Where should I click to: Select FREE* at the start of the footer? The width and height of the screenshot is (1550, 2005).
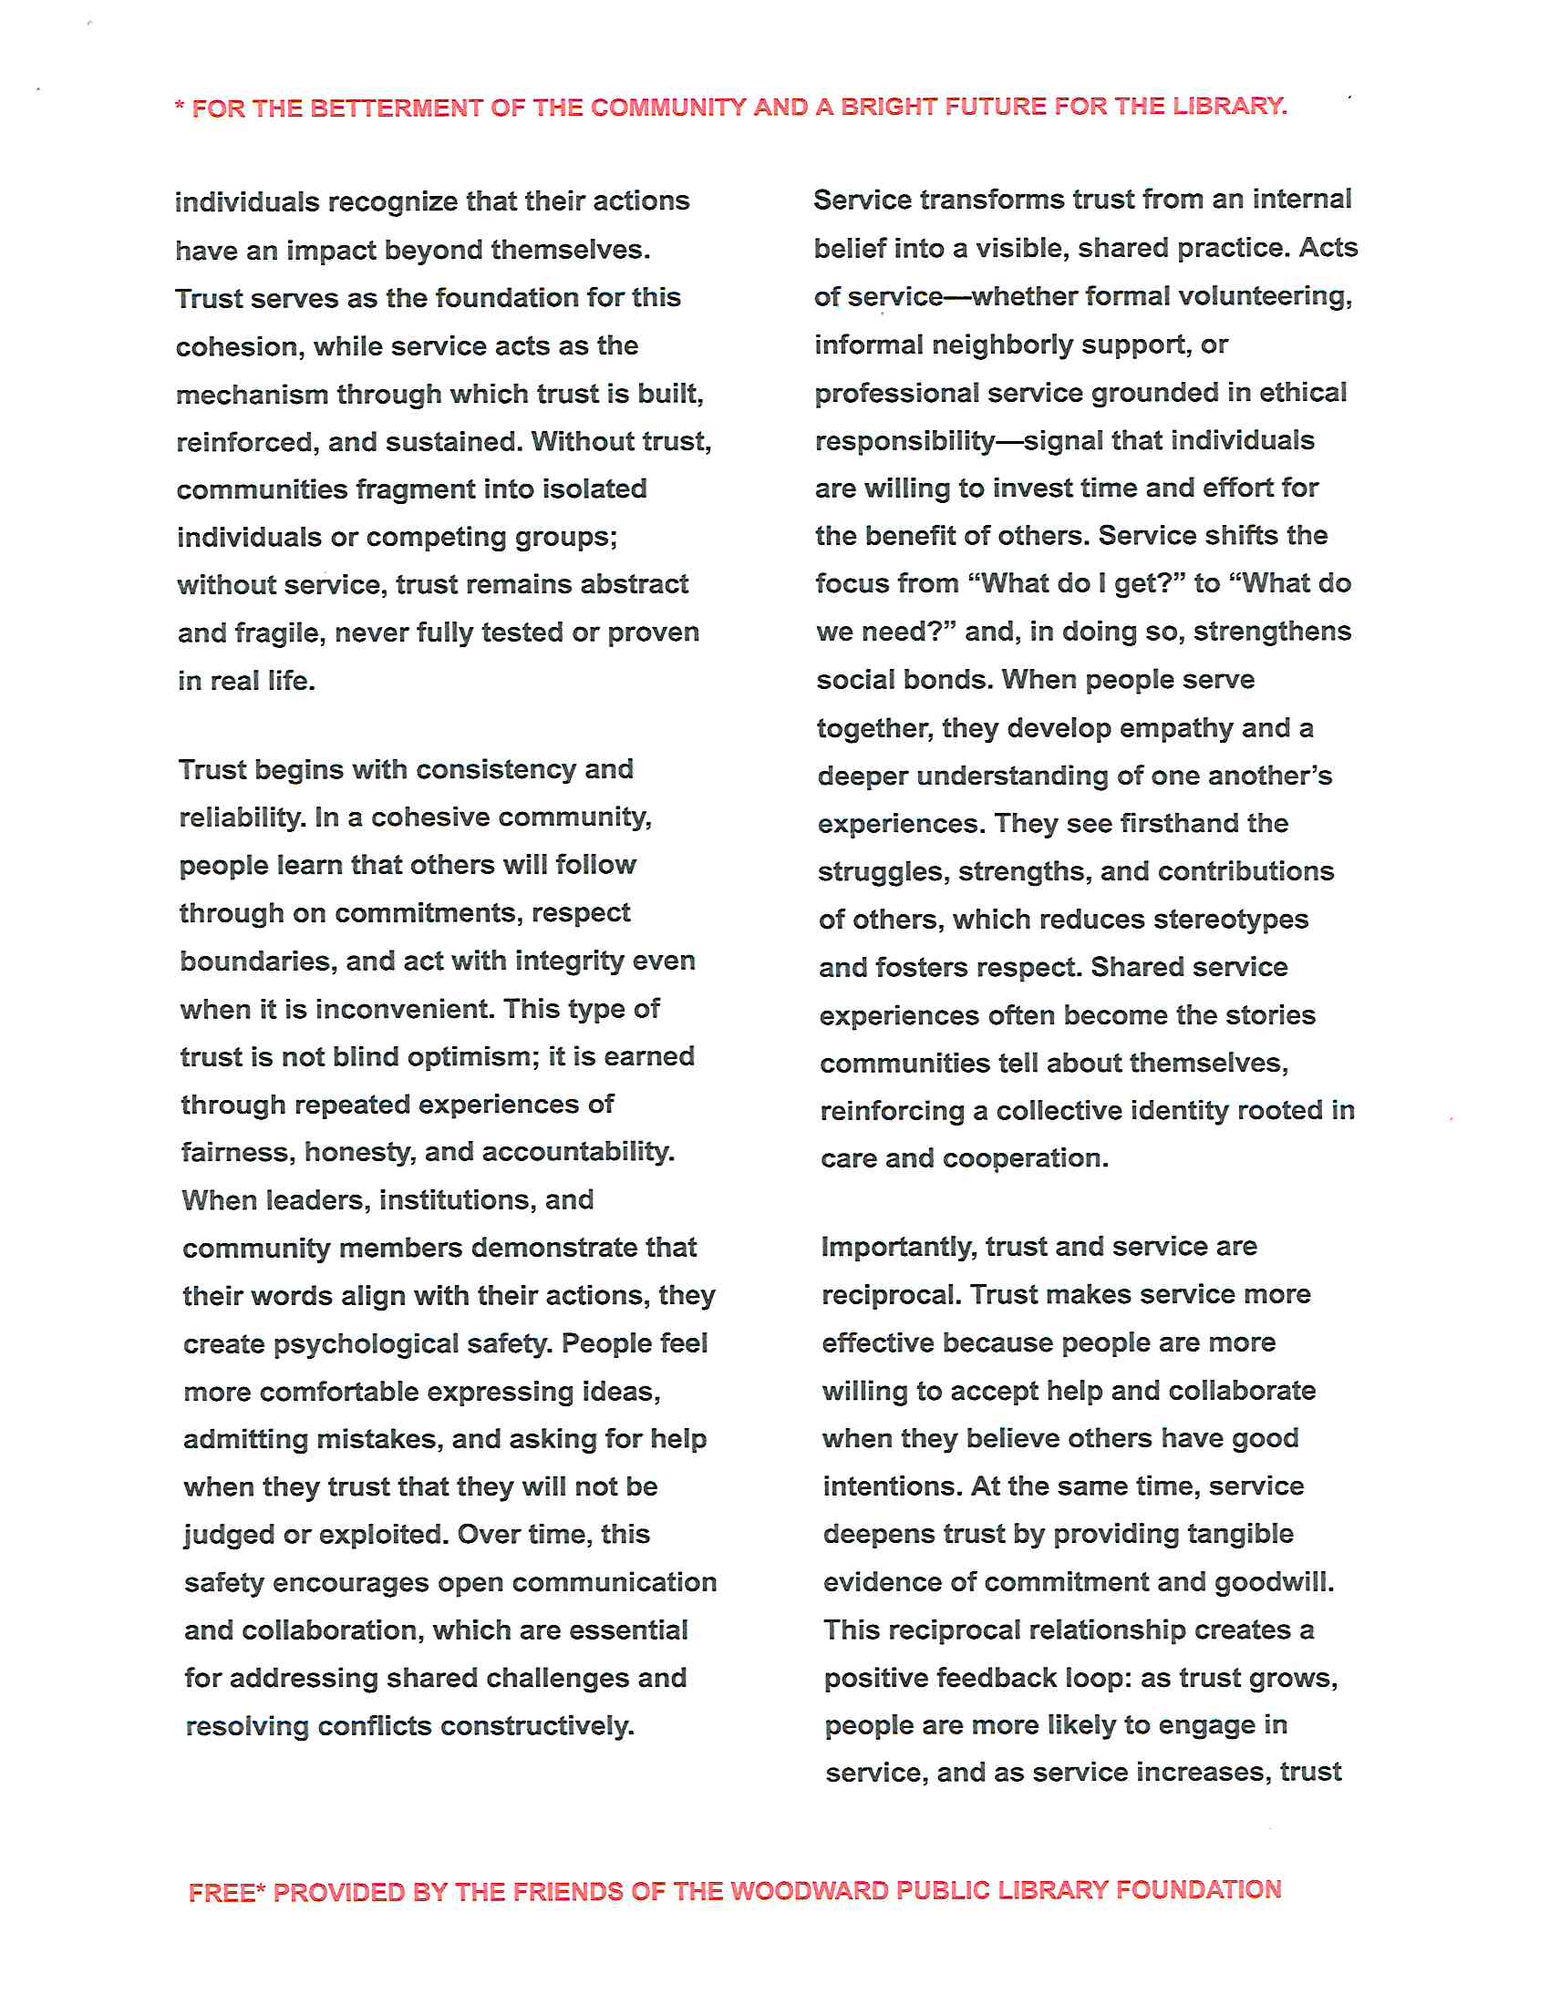(226, 1893)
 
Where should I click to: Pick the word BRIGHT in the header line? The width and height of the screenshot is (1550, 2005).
(888, 107)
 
